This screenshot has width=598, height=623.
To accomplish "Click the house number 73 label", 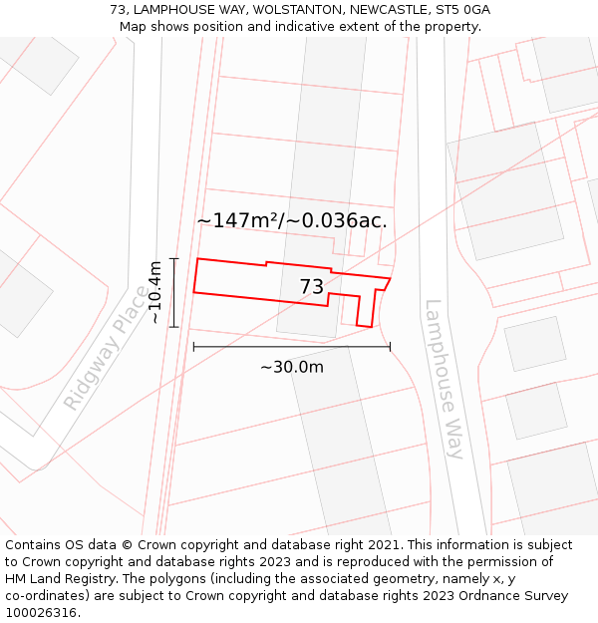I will pyautogui.click(x=312, y=287).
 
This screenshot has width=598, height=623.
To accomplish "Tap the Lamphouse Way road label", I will pyautogui.click(x=444, y=379).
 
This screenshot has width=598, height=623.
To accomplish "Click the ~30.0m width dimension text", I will pyautogui.click(x=292, y=367).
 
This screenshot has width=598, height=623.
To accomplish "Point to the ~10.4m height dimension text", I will pyautogui.click(x=154, y=292).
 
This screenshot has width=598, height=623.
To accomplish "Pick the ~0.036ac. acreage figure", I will pyautogui.click(x=339, y=220).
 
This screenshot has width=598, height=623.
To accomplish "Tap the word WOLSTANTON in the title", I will pyautogui.click(x=295, y=10).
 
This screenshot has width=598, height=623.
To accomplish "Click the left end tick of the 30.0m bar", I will pyautogui.click(x=193, y=346).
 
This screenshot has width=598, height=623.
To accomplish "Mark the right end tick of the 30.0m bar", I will pyautogui.click(x=390, y=346).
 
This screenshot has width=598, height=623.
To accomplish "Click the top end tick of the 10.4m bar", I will pyautogui.click(x=174, y=259).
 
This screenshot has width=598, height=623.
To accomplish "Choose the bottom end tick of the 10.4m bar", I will pyautogui.click(x=174, y=327).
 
